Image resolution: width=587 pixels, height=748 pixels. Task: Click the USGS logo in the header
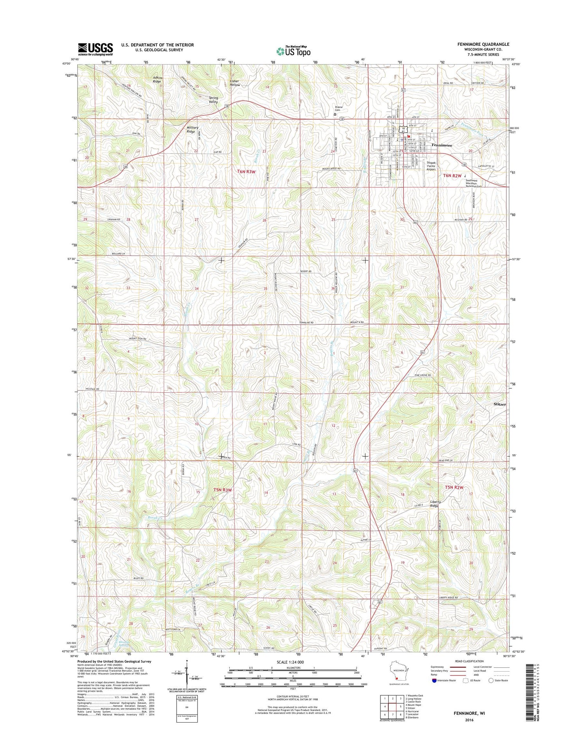(x=95, y=49)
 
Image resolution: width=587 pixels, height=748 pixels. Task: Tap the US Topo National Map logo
(x=293, y=51)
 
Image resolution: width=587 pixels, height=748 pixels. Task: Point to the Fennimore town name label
(x=441, y=145)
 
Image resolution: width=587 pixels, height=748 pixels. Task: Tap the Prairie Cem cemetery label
(x=338, y=109)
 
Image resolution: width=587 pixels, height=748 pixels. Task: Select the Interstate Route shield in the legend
(x=434, y=680)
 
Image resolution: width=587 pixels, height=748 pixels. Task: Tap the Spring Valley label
(x=213, y=100)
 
